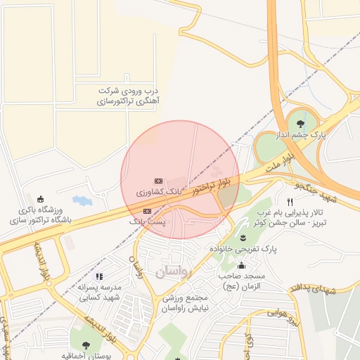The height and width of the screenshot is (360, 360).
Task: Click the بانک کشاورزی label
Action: point(160,191)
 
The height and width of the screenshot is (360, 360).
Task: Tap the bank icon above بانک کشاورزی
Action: point(158,180)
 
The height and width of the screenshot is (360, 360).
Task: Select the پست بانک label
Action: point(147,221)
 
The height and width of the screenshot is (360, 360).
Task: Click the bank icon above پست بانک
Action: point(147,211)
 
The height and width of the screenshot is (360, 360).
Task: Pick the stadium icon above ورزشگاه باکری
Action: point(39,198)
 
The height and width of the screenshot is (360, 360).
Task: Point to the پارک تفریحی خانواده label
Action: point(243,249)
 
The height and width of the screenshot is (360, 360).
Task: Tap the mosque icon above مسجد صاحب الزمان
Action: point(241,265)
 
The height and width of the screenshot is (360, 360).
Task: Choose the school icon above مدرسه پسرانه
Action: point(99,277)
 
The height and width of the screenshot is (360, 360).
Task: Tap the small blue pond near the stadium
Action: point(82,200)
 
